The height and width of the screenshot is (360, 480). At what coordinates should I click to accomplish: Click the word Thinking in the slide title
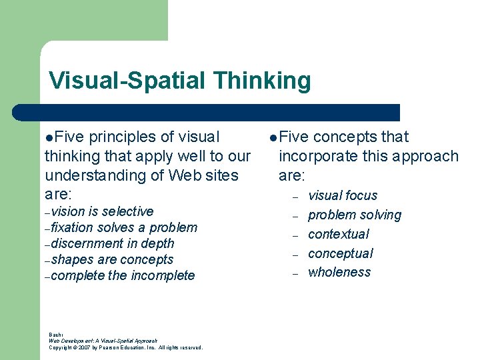262,81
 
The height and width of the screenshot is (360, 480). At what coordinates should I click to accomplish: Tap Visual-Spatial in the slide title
128,81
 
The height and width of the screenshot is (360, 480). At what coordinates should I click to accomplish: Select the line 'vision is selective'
102,211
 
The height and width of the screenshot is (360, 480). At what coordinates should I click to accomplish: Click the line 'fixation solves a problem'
124,227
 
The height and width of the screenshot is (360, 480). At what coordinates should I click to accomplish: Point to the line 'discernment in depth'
112,243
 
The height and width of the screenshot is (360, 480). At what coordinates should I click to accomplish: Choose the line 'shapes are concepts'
111,259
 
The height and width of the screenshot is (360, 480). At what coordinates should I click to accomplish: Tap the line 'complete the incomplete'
123,275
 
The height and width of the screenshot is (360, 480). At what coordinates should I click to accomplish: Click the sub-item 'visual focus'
343,195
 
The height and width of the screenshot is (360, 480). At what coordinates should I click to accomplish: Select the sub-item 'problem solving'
355,215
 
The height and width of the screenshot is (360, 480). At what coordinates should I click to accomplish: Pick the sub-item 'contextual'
338,234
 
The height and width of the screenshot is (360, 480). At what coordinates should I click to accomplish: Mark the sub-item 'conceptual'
340,253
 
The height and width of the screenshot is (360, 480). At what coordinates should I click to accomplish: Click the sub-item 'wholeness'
339,272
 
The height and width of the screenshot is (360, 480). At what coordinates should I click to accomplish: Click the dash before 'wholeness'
293,273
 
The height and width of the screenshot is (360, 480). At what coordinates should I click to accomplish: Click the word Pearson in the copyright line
111,347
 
